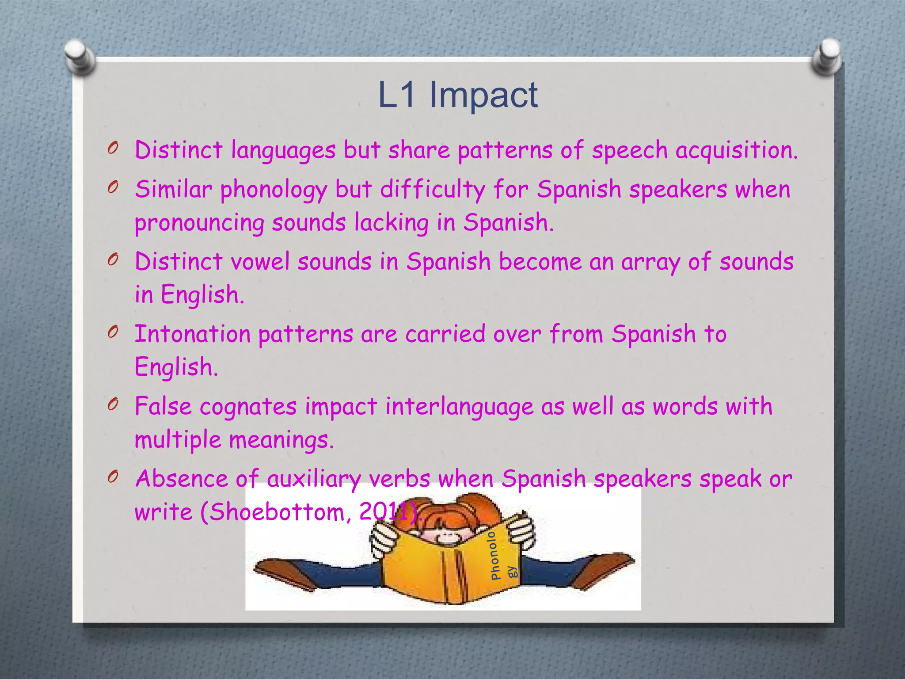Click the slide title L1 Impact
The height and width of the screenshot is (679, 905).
458,95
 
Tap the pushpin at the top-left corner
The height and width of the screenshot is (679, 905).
80,56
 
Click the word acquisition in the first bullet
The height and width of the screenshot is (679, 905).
736,150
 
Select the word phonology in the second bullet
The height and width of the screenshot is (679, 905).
274,190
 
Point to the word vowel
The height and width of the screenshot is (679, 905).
260,262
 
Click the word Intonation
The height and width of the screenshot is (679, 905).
192,334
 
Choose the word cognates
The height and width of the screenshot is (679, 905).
248,407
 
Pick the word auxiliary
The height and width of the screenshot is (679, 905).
314,479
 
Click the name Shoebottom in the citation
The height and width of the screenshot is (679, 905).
277,512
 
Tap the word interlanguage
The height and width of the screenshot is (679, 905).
459,407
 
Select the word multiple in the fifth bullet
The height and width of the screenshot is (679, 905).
178,440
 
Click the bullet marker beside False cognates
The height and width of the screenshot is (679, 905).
113,404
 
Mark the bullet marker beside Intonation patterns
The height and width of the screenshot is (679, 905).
113,332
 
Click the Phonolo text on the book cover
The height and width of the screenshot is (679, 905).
494,555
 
